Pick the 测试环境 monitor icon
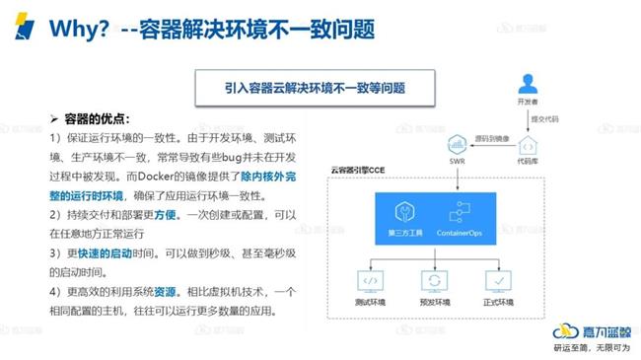[373, 280]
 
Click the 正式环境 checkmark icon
[499, 280]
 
